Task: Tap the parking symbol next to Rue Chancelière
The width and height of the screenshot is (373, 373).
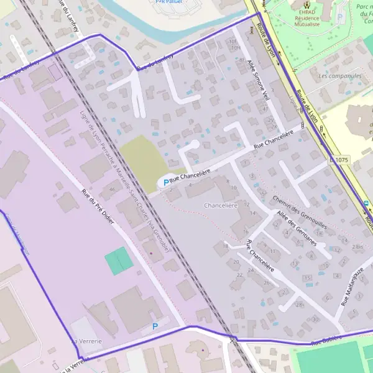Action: click(x=165, y=183)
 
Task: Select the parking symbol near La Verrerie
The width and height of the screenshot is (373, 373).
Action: click(x=155, y=326)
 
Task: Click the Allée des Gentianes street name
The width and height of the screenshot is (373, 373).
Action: click(x=297, y=228)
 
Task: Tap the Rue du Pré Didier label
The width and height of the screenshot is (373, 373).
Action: click(x=99, y=208)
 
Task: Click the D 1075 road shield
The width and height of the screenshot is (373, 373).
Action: click(x=339, y=160)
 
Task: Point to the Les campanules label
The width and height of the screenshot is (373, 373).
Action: click(x=339, y=76)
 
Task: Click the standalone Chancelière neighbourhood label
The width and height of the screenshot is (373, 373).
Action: click(x=221, y=205)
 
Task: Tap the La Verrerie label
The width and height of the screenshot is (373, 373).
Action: click(x=86, y=341)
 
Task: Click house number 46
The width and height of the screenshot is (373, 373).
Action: click(x=112, y=188)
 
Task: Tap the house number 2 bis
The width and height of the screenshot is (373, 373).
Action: click(x=356, y=247)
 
